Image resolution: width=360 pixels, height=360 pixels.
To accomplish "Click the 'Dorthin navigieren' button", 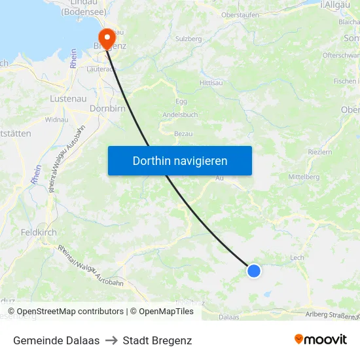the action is tap(180, 160).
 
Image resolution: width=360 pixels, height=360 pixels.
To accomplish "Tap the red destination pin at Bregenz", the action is tap(105, 37).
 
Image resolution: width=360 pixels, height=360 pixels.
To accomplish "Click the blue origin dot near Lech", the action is tap(254, 270).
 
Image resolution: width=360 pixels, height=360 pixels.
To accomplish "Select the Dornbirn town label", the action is tap(107, 109).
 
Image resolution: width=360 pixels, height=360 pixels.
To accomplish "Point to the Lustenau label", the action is tap(68, 98).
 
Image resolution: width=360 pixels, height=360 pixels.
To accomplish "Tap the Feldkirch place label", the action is tap(39, 232).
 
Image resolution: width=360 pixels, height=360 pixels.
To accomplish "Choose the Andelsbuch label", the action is tap(180, 114).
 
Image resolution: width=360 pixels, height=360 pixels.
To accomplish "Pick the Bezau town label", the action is tap(183, 133).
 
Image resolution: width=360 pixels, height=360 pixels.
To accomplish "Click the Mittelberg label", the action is tap(304, 177).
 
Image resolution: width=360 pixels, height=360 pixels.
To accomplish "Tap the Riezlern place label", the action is tap(320, 152).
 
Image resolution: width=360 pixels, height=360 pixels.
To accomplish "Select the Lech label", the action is tap(297, 258).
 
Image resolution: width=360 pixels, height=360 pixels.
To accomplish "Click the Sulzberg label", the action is tap(189, 39).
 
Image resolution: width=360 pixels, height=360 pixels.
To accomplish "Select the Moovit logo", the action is tap(321, 340).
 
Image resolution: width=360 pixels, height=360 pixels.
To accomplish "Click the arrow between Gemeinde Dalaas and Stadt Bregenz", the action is tap(111, 340).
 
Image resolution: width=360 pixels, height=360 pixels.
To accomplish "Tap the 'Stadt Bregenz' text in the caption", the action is tap(157, 340).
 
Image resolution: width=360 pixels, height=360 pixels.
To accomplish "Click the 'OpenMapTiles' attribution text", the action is tap(166, 312).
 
